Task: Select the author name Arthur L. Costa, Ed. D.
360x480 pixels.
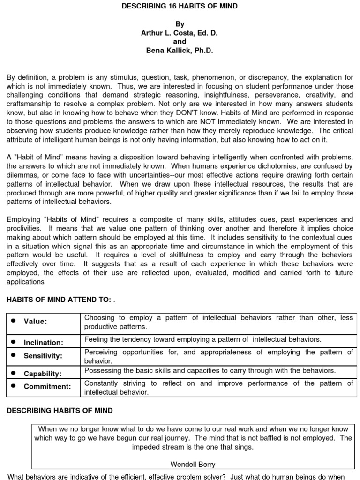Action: click(180, 33)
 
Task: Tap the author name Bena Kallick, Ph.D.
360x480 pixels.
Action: click(180, 51)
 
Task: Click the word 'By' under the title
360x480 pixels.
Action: click(180, 24)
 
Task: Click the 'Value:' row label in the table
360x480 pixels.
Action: click(36, 322)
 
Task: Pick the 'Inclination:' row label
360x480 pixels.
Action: click(43, 343)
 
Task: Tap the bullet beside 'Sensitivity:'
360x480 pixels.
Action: click(14, 355)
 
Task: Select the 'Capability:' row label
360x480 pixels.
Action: click(43, 374)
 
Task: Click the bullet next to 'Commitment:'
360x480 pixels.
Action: click(14, 386)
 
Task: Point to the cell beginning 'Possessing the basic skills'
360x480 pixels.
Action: click(210, 370)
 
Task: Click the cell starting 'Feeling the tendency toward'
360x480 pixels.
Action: click(202, 339)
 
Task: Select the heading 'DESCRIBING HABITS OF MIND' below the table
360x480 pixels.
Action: click(60, 411)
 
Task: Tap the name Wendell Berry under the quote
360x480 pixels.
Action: click(193, 465)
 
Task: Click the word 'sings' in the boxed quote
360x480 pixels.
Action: click(244, 447)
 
